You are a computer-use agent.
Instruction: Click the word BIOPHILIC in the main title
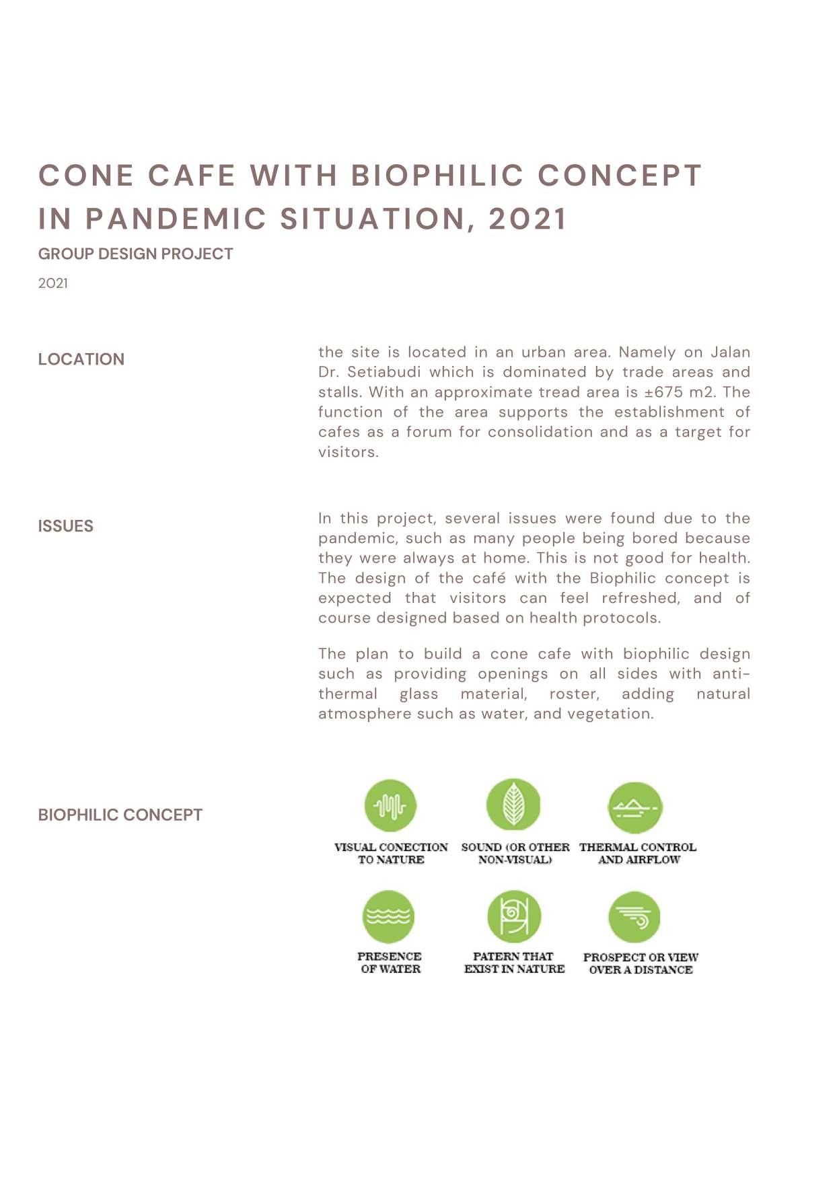tap(437, 176)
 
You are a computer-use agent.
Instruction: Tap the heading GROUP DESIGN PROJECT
tap(135, 254)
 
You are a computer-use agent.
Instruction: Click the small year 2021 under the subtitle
tap(52, 283)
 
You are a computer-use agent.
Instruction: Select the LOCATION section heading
tap(81, 359)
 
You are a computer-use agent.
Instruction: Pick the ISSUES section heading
tap(65, 526)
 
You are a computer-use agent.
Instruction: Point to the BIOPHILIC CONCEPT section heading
tap(120, 815)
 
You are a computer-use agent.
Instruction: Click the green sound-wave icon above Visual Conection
tap(390, 805)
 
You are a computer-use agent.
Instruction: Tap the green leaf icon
tap(513, 804)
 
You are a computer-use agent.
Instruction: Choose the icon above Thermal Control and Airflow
tap(635, 807)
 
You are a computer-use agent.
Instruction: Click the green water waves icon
tap(388, 916)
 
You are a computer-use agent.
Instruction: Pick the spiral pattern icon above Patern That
tap(514, 916)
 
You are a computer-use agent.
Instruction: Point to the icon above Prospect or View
tap(634, 917)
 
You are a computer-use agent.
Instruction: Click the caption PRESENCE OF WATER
tap(390, 963)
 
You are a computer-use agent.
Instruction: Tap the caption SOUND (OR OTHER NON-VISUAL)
tap(515, 853)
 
